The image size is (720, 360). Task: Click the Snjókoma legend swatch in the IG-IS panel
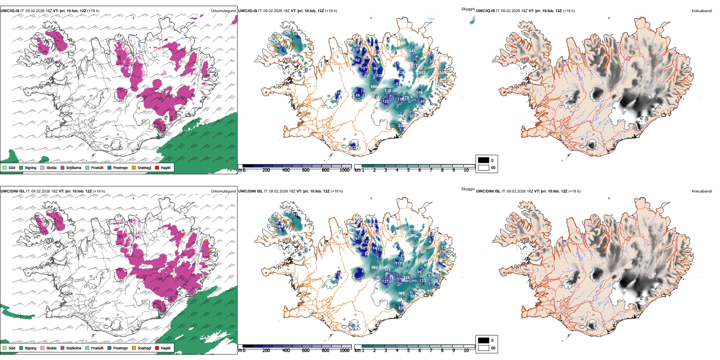click(x=63, y=167)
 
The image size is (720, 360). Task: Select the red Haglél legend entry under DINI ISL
click(x=157, y=348)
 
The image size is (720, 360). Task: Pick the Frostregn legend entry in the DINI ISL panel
click(x=110, y=348)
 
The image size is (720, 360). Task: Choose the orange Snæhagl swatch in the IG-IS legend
click(x=134, y=167)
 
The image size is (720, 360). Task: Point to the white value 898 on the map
click(x=374, y=87)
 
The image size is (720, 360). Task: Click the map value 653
click(x=422, y=73)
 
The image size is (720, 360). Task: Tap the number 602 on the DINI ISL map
click(x=374, y=268)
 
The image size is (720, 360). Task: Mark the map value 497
click(x=423, y=252)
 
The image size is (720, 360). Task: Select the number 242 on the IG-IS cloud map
click(x=412, y=50)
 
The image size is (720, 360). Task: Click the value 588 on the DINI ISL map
click(x=401, y=293)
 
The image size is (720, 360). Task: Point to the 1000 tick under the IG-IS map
click(x=344, y=170)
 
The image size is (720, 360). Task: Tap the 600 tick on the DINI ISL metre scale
click(x=306, y=351)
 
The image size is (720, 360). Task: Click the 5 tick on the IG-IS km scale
click(x=408, y=170)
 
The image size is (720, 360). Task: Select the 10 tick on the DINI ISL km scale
click(x=466, y=351)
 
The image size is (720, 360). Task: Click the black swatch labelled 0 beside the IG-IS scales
click(x=483, y=160)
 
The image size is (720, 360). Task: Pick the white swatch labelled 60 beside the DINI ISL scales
click(x=483, y=347)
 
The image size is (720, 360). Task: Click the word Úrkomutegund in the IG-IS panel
click(x=223, y=11)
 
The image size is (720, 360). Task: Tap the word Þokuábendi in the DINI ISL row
click(x=702, y=191)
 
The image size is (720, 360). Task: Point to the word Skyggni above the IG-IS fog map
click(x=468, y=9)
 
